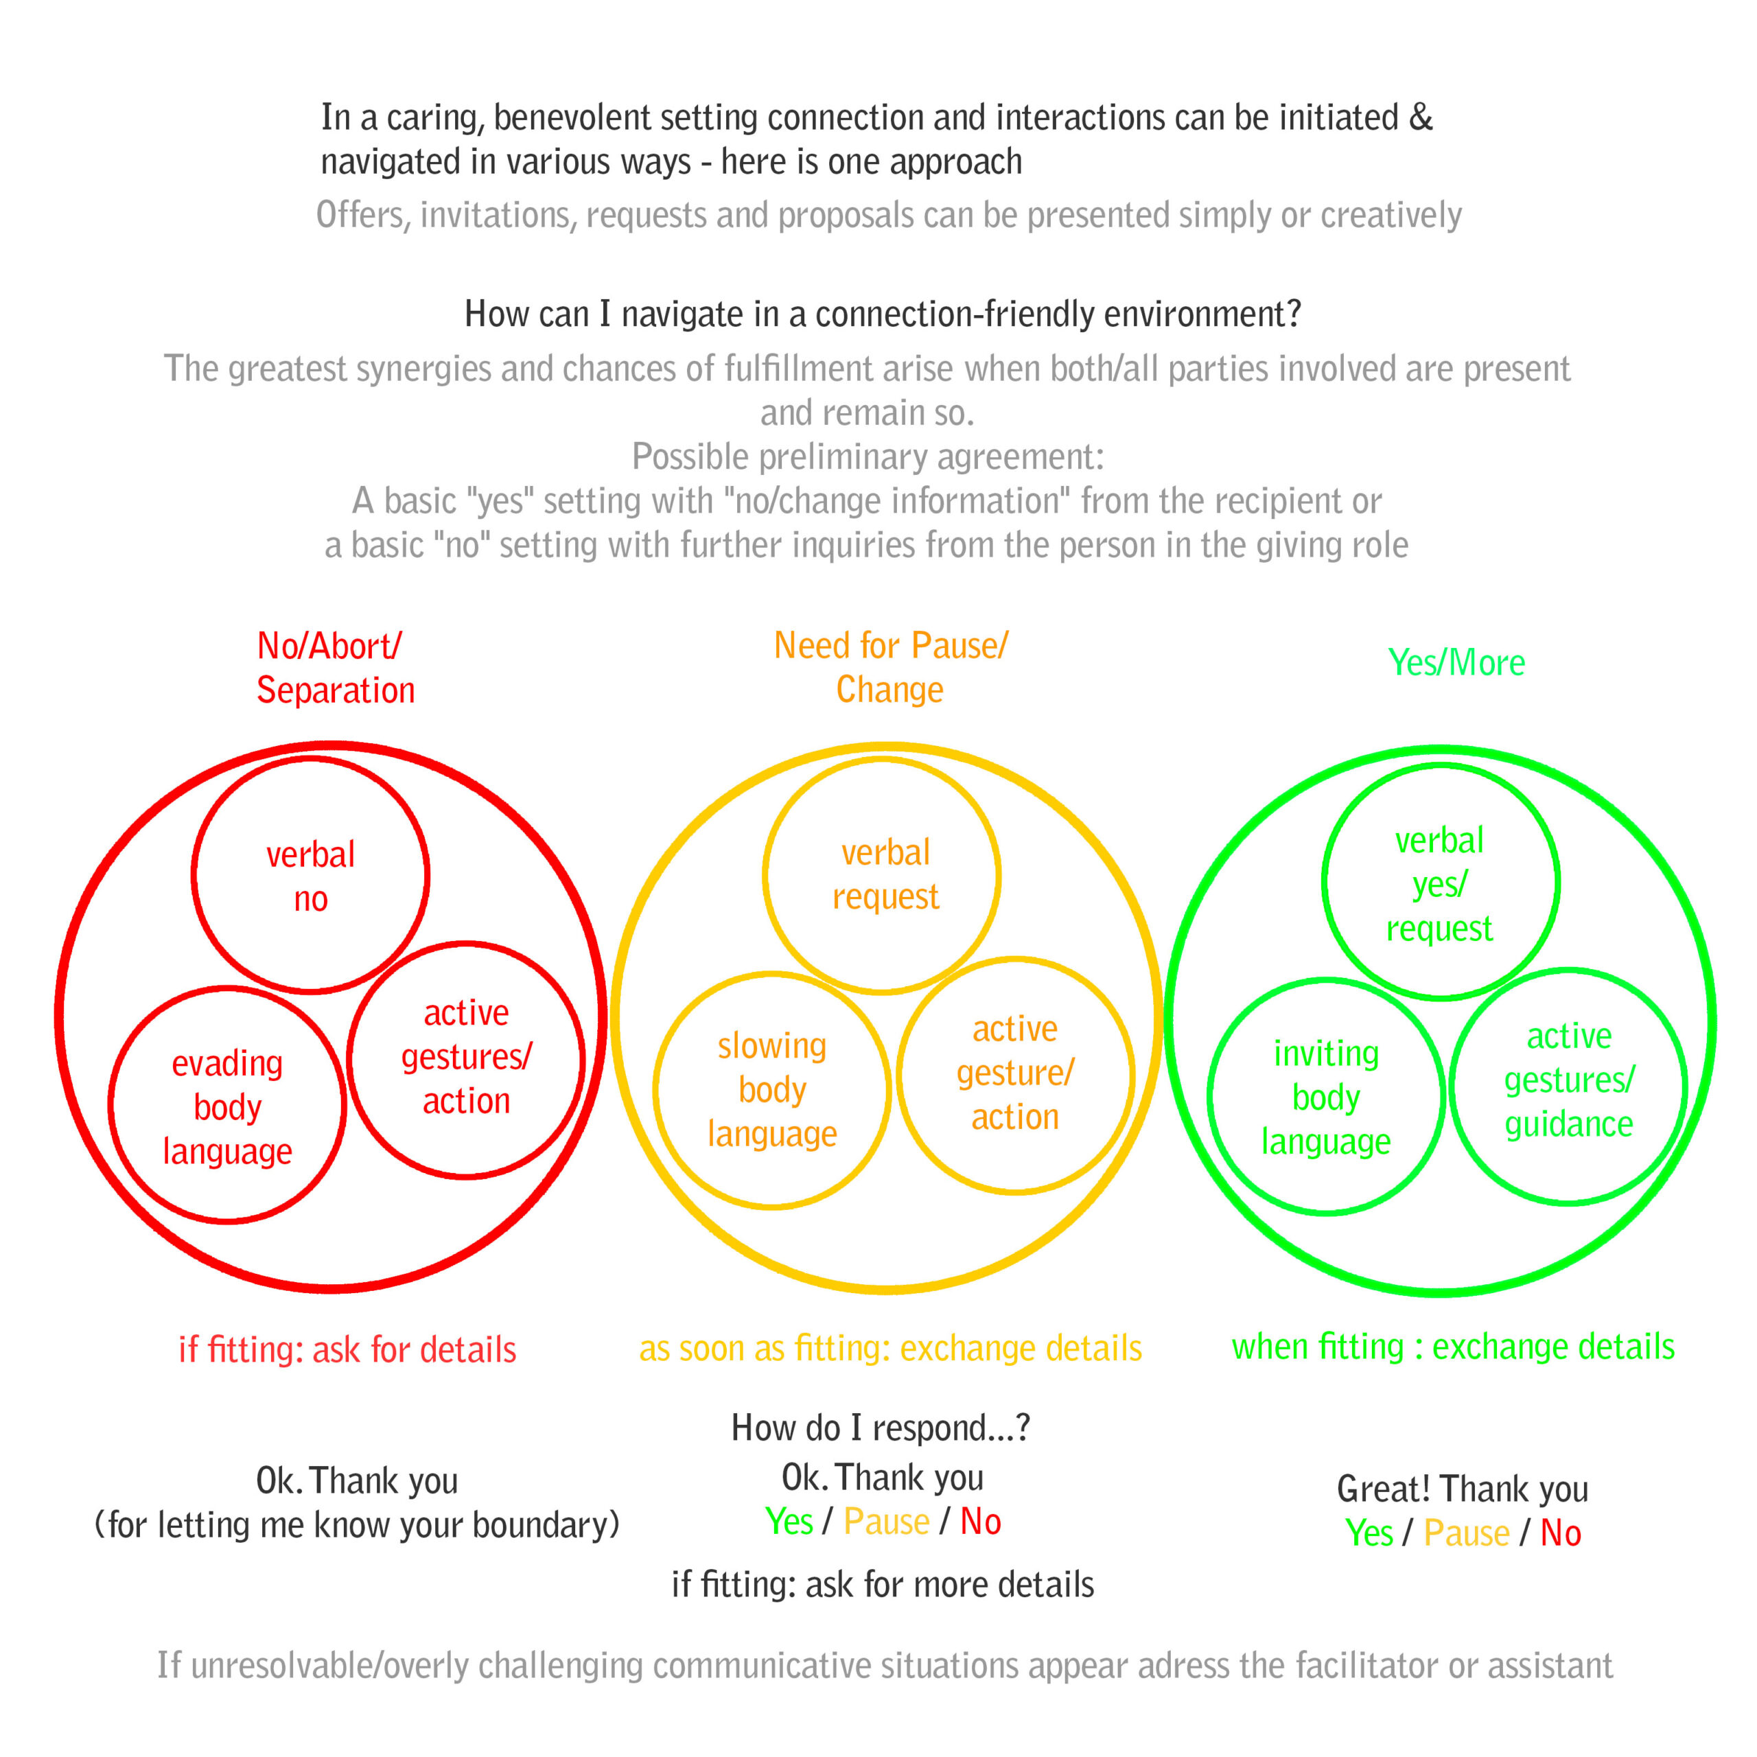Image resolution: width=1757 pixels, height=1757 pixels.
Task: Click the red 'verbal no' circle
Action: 310,875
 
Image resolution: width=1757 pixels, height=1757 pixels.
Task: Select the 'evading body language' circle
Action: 227,1106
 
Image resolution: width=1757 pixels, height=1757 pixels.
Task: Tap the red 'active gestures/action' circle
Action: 465,1060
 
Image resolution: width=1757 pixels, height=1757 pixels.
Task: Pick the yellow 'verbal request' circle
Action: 882,875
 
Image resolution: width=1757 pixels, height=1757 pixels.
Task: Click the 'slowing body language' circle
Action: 771,1091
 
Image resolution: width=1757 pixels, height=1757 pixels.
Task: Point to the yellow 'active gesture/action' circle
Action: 1015,1074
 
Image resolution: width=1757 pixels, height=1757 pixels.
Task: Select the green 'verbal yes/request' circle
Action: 1441,882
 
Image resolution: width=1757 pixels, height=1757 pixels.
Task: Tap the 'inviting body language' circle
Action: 1326,1097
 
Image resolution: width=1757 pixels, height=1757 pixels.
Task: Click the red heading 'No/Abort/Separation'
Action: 335,668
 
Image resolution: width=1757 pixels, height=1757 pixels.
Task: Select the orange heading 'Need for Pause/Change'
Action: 890,668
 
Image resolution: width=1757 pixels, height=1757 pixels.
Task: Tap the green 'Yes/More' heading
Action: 1456,663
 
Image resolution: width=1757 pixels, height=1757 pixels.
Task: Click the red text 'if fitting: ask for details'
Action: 347,1349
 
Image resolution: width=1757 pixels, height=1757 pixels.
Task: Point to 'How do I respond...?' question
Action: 881,1428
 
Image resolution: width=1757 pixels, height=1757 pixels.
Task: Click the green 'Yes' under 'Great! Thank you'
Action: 1369,1533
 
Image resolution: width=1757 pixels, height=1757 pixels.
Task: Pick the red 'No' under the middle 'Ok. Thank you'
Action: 980,1522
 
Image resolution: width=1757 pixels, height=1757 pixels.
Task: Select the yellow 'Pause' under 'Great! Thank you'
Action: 1466,1533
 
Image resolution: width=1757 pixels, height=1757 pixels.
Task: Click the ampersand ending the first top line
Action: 1421,118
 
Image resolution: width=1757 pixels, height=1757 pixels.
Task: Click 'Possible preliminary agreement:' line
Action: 868,456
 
